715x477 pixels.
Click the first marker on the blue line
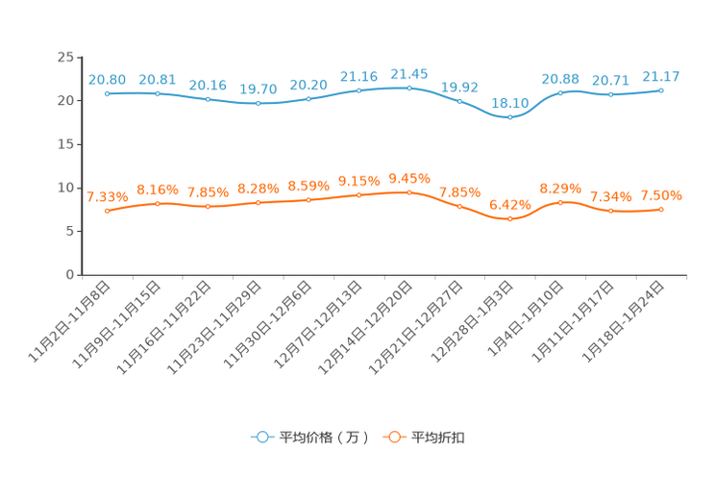pos(108,93)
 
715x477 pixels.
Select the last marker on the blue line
pos(661,89)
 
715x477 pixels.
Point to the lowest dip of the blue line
pos(510,116)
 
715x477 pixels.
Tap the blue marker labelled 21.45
pos(409,88)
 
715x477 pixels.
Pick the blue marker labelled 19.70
pos(259,102)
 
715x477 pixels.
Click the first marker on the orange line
pos(108,211)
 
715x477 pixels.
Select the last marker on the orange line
pos(661,209)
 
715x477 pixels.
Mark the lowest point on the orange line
pos(510,219)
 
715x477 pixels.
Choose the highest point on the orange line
pos(409,192)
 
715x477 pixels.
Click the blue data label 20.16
pos(208,85)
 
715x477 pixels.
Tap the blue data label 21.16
pos(358,76)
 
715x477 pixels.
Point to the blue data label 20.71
pos(610,80)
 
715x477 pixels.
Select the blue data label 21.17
pos(661,76)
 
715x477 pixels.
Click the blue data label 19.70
pos(258,88)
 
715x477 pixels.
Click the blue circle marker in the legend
pos(260,437)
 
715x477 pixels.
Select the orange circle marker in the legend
pos(392,437)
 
